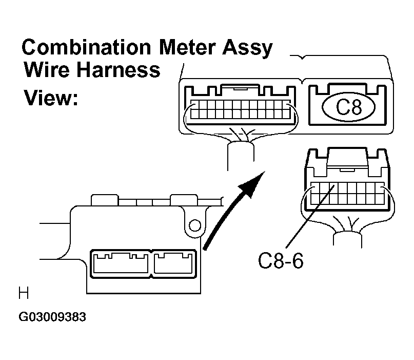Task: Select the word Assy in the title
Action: pyautogui.click(x=249, y=48)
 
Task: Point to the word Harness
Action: pyautogui.click(x=122, y=70)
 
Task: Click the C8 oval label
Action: pyautogui.click(x=348, y=107)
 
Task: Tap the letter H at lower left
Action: pyautogui.click(x=23, y=294)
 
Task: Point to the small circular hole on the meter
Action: pyautogui.click(x=194, y=225)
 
